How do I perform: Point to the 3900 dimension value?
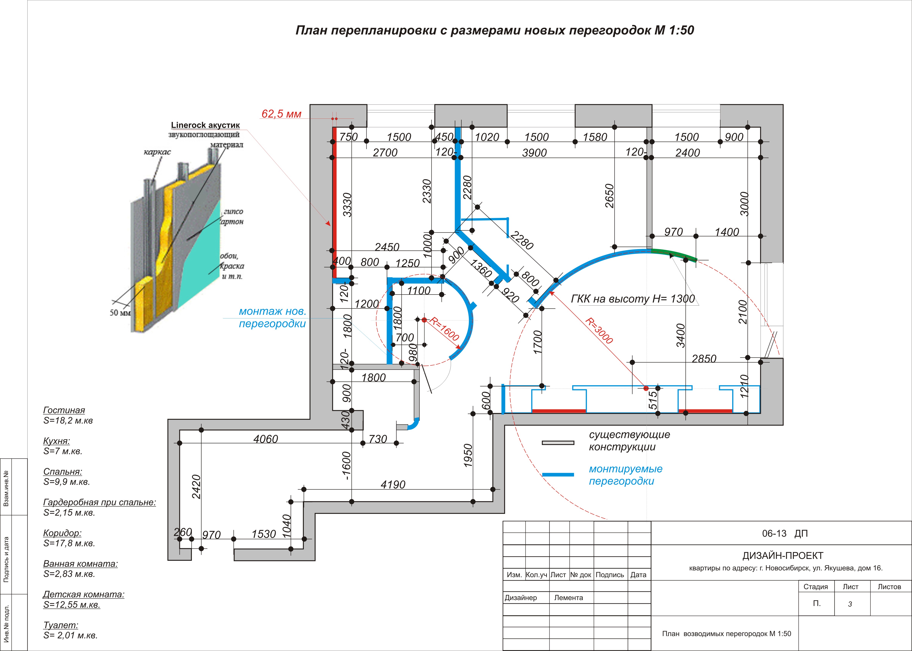tap(534, 153)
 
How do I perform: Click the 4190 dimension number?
tap(393, 485)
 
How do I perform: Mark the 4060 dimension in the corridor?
tap(265, 439)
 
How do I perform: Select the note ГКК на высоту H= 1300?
tap(633, 299)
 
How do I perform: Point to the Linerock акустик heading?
tap(205, 125)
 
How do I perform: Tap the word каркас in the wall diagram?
tap(157, 152)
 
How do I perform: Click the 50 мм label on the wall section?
tap(120, 313)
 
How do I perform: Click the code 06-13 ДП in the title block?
tap(784, 534)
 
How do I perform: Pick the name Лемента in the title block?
tap(568, 598)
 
